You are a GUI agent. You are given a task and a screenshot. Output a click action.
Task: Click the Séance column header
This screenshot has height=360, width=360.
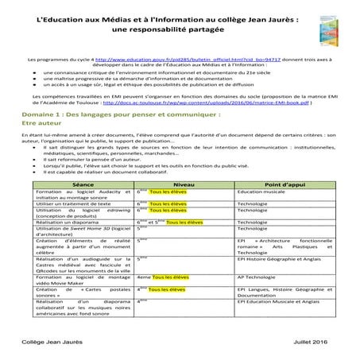click(x=82, y=205)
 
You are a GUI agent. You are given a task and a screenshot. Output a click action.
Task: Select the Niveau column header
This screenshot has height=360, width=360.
click(x=187, y=205)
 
